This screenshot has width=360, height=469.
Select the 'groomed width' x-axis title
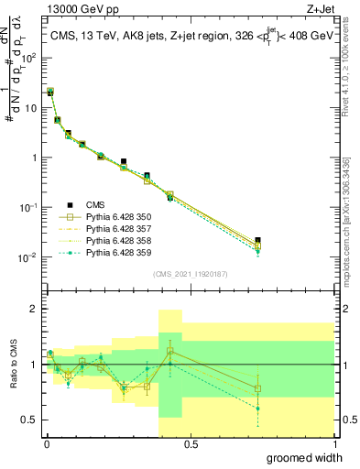(x=304, y=457)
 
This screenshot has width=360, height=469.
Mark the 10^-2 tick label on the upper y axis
(x=28, y=257)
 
